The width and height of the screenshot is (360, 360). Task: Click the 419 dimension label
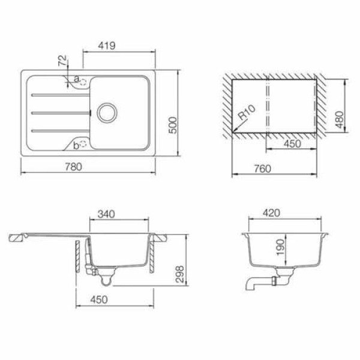point(107,46)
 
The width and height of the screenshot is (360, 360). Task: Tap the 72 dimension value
point(62,61)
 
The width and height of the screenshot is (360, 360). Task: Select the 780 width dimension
point(73,167)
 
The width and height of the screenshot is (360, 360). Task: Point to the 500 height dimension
point(173,125)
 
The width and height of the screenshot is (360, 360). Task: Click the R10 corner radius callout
point(247,112)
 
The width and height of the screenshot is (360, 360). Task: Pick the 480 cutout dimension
point(340,119)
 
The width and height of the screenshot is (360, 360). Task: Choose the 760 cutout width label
point(262,169)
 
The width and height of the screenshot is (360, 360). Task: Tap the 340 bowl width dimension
point(106,214)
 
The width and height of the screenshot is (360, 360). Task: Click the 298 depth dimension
point(179,274)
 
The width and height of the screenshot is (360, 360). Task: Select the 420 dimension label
point(271,213)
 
